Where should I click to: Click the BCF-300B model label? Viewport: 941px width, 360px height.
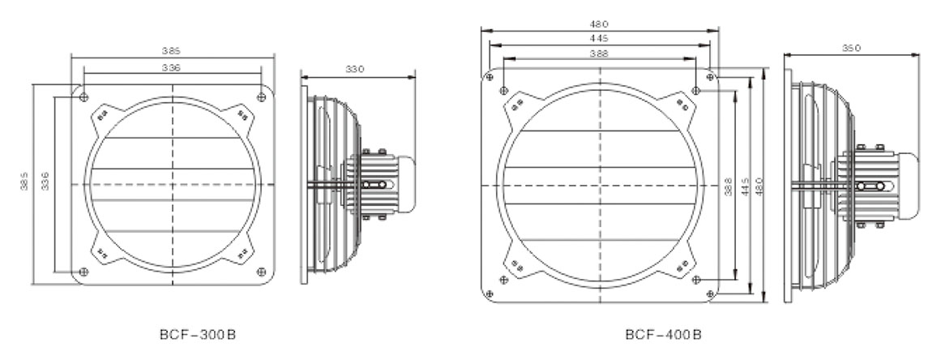click(198, 335)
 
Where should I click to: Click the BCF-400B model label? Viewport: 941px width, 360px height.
click(663, 335)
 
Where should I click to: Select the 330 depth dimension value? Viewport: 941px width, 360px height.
click(355, 70)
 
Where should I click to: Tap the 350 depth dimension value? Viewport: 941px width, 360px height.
click(851, 48)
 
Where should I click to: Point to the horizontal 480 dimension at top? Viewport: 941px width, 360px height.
click(599, 24)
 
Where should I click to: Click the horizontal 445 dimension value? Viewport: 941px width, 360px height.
click(599, 38)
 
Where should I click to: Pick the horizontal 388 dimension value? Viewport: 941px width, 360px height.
click(599, 54)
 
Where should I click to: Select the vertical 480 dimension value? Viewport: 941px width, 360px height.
click(759, 186)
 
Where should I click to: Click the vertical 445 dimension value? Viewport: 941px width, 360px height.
click(744, 186)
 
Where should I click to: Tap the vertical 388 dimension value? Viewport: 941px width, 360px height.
click(727, 186)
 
